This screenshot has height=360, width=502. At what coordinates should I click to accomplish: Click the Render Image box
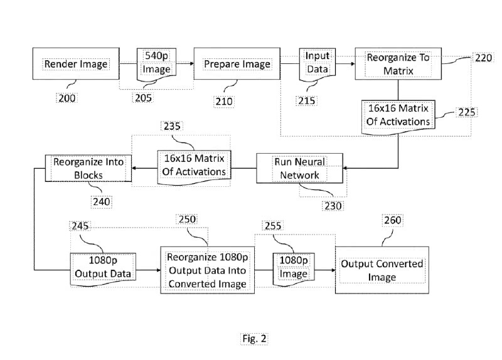point(76,64)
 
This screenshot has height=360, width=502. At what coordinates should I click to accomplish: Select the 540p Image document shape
point(156,64)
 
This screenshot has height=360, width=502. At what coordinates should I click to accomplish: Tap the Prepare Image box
point(237,64)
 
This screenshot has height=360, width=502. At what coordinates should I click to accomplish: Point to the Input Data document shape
point(318,63)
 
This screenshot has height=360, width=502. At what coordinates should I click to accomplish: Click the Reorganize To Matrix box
point(398,64)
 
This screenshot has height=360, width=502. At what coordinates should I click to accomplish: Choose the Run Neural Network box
point(300,168)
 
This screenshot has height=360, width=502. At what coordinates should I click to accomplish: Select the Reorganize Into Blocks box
point(88,168)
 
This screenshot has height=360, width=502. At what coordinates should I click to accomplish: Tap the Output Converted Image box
point(382,270)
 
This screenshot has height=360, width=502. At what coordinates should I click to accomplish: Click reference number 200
point(67,98)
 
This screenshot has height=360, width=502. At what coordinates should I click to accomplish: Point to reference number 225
point(466,112)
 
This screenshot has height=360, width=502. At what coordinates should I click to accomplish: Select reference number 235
point(172,126)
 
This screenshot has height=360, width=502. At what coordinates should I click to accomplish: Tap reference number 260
point(393,220)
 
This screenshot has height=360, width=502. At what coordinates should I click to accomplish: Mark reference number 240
point(102,202)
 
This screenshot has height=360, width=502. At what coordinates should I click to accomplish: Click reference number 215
point(307,101)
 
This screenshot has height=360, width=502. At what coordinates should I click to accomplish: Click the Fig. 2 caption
point(254,339)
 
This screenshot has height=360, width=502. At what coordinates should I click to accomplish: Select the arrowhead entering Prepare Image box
point(192,64)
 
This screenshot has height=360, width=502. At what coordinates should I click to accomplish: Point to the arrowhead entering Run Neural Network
point(345,168)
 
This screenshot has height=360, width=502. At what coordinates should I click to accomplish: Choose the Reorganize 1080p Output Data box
point(208,270)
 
